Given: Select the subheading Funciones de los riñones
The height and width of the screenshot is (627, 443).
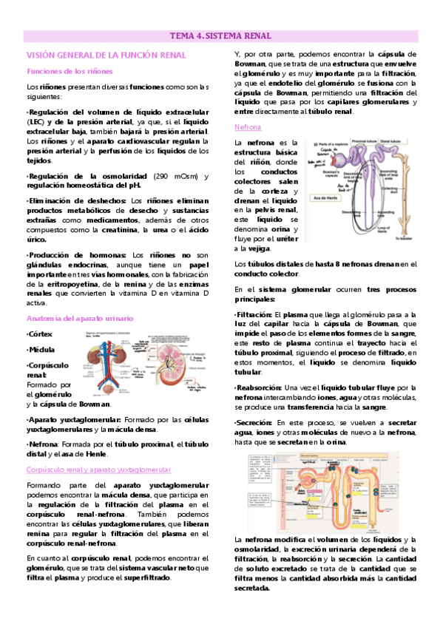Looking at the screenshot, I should [x=70, y=71].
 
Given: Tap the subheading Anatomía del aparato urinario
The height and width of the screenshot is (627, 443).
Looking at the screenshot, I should [x=80, y=318].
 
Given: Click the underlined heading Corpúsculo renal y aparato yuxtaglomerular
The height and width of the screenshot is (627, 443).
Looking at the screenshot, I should [x=98, y=470].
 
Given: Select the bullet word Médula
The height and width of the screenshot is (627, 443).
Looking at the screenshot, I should [x=43, y=350].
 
